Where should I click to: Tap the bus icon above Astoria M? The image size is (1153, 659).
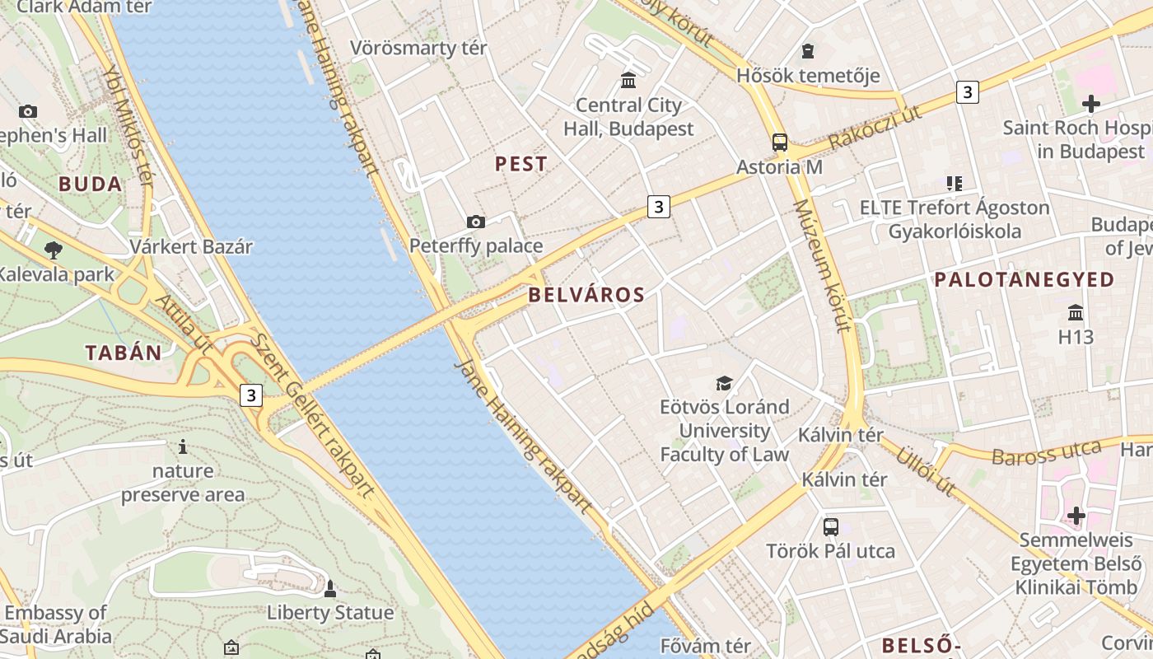click(780, 143)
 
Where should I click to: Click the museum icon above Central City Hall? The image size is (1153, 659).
click(629, 80)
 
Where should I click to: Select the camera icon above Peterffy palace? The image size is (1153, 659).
click(475, 222)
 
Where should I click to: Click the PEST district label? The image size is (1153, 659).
click(520, 164)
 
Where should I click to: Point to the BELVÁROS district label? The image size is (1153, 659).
click(586, 294)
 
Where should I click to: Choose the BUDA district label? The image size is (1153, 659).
click(91, 184)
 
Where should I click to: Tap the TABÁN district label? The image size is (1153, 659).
click(124, 353)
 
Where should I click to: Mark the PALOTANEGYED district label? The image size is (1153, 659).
click(1024, 280)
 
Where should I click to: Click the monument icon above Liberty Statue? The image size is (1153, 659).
click(330, 588)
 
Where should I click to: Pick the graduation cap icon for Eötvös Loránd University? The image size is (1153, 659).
click(724, 383)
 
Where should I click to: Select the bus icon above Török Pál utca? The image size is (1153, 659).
click(830, 526)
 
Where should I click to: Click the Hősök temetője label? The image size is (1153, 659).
click(808, 76)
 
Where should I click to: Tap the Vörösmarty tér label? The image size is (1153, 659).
click(418, 48)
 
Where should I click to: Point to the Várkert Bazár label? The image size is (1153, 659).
click(191, 246)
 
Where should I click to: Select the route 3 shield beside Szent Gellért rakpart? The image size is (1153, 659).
click(251, 395)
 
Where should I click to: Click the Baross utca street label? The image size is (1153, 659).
click(1046, 453)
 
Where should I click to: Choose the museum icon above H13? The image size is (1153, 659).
click(1076, 313)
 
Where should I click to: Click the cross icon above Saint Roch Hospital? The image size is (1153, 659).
click(1091, 104)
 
